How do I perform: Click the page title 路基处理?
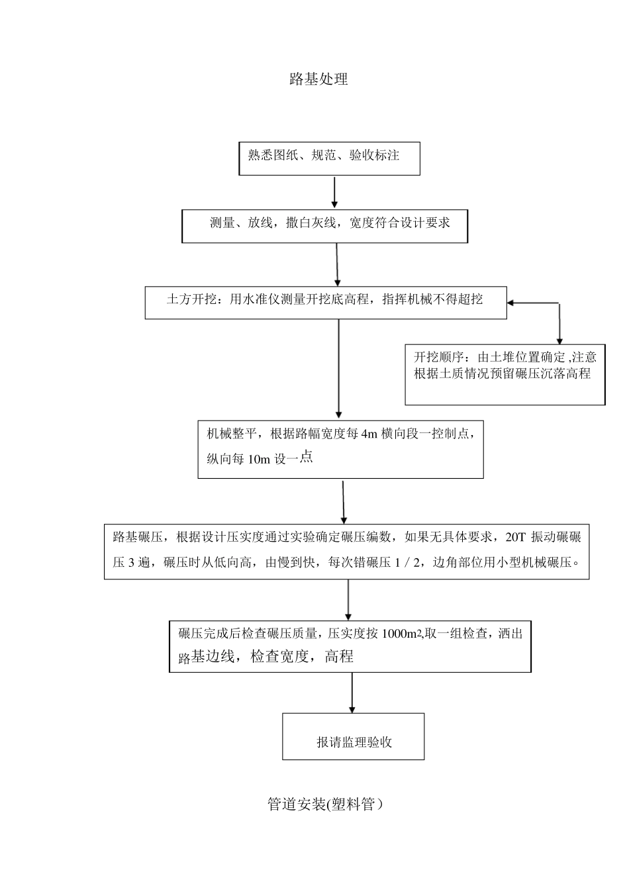tap(318, 79)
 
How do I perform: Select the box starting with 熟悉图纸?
tap(329, 158)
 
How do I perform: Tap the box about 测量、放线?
tap(324, 226)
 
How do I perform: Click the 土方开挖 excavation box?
tap(325, 302)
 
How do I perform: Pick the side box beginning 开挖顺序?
tap(505, 374)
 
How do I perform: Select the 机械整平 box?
tap(340, 448)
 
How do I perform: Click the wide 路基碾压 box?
tap(346, 551)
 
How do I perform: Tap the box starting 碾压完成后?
tap(350, 646)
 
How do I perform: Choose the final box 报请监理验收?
tap(353, 736)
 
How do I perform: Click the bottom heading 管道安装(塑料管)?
tap(324, 805)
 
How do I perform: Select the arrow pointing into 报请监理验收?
tap(352, 693)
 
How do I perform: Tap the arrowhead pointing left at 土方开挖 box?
tap(512, 303)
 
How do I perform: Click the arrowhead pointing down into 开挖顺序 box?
tap(559, 340)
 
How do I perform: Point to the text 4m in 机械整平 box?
tap(369, 434)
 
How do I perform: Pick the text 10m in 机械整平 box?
tap(259, 459)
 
